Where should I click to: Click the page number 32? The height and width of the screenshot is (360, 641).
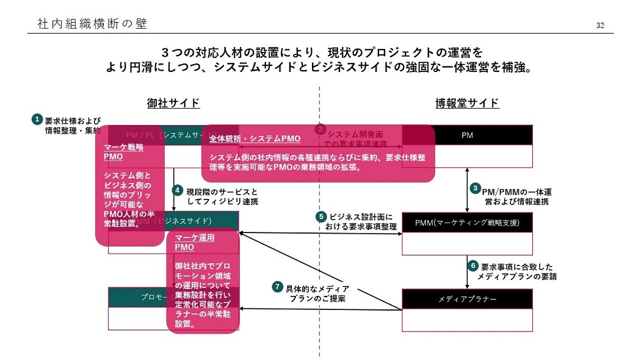coord(600,25)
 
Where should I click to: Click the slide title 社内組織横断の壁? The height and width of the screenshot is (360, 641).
coord(92,24)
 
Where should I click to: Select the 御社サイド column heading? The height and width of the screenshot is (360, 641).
coord(173,103)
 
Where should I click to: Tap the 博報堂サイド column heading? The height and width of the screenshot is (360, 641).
coord(467,103)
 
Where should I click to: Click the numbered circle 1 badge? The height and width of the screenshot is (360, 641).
coord(37,119)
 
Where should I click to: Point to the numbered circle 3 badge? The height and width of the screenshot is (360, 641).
coord(475,189)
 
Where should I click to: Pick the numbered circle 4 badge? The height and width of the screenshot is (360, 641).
coord(178,190)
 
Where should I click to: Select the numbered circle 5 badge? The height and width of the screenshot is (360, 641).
coord(321,217)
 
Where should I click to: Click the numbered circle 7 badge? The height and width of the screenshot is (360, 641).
coord(278,286)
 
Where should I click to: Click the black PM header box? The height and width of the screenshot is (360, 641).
coord(468,135)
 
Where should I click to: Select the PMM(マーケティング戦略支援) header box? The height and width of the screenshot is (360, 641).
coord(467,222)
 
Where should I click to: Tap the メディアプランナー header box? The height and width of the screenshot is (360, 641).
coord(467,299)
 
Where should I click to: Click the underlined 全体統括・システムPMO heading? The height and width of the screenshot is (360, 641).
coord(255,139)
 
